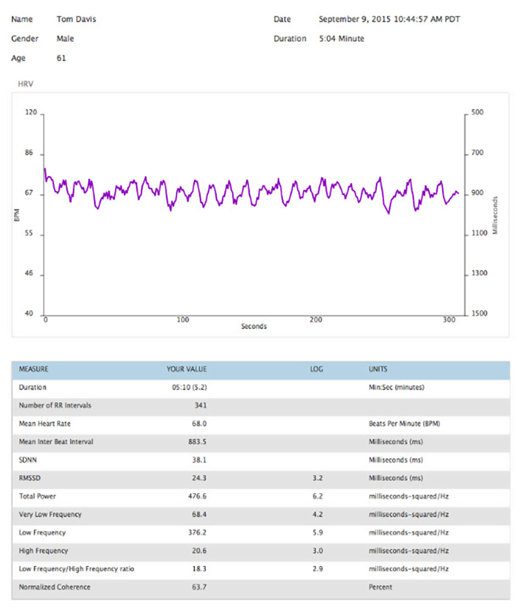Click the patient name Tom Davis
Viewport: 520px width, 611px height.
pyautogui.click(x=76, y=19)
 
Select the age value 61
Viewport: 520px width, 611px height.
pyautogui.click(x=61, y=58)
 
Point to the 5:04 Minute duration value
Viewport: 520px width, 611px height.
pyautogui.click(x=341, y=39)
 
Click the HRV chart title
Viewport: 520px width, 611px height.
pyautogui.click(x=26, y=84)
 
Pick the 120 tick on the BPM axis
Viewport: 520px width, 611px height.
pyautogui.click(x=30, y=112)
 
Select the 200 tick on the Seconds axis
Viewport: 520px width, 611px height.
pyautogui.click(x=315, y=320)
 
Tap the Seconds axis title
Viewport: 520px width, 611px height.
pyautogui.click(x=254, y=326)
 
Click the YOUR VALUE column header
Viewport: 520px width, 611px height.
pyautogui.click(x=187, y=369)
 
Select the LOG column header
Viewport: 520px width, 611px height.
pyautogui.click(x=316, y=369)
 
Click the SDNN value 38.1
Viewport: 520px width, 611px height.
pyautogui.click(x=198, y=460)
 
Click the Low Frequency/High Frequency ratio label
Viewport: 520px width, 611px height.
pyautogui.click(x=77, y=569)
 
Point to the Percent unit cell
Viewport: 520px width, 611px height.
pyautogui.click(x=381, y=587)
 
